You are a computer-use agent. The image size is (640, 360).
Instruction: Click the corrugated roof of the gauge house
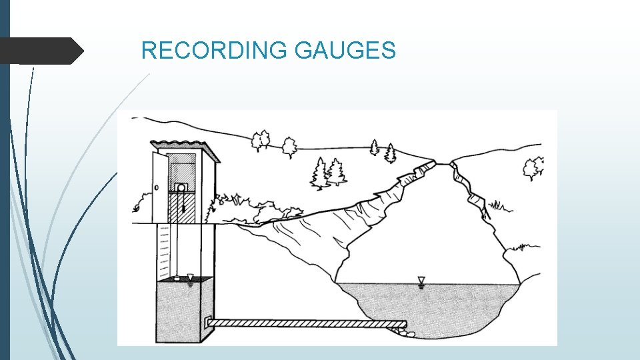[x=176, y=146]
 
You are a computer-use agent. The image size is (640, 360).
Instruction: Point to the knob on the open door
[x=157, y=188]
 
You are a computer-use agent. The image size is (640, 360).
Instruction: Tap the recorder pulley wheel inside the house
[x=181, y=189]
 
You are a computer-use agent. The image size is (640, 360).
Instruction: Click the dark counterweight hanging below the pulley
[x=179, y=210]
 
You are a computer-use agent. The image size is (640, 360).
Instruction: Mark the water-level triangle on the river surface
[x=421, y=281]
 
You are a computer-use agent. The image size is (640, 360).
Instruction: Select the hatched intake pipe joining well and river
[x=307, y=323]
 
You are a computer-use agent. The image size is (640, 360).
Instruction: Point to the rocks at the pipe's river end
[x=405, y=332]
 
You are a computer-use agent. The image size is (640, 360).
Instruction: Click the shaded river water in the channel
[x=427, y=303]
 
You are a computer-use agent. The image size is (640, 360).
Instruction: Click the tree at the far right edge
[x=533, y=168]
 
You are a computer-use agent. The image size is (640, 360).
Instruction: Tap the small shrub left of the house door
[x=142, y=200]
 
